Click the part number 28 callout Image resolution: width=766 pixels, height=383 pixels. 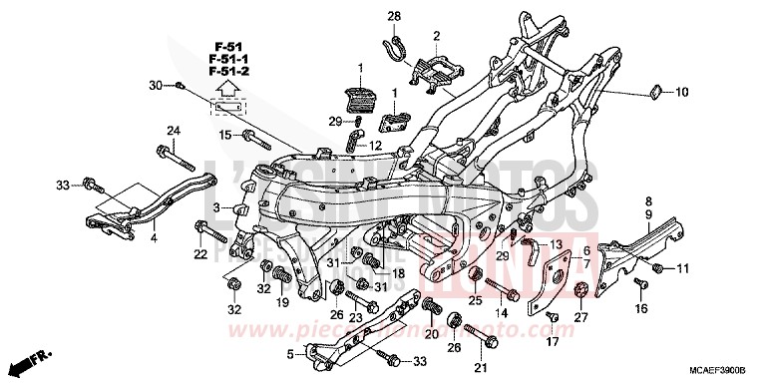point(393,15)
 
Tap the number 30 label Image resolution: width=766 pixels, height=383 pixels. point(155,85)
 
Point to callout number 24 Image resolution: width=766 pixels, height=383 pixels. point(173,132)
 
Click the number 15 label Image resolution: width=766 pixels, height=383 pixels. point(225,135)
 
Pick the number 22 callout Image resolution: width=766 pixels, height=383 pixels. point(200,254)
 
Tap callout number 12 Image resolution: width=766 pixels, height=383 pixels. point(375,145)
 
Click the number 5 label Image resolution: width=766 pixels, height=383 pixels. point(291,353)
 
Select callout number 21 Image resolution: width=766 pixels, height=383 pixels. point(481,370)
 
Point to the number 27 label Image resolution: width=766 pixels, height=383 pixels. point(581,317)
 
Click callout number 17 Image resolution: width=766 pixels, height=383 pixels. point(547,342)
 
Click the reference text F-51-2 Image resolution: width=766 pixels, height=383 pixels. point(228,73)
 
